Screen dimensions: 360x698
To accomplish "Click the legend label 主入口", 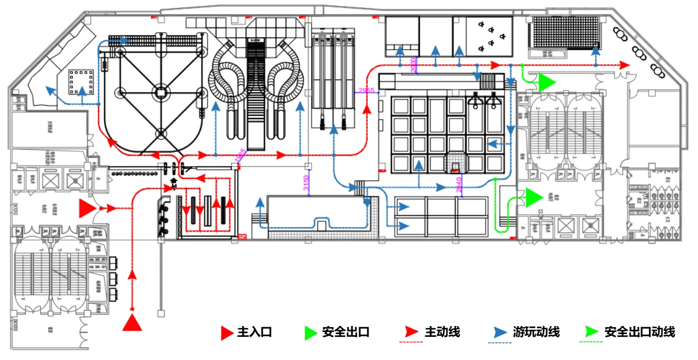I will tap(254, 333).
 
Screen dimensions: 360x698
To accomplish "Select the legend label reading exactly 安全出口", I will tap(345, 333).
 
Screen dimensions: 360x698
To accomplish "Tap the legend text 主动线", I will tap(443, 332).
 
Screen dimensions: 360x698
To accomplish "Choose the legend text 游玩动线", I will tap(536, 332).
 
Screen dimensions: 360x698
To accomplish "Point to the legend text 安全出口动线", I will tap(639, 332).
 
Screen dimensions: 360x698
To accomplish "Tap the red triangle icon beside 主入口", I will tap(227, 333).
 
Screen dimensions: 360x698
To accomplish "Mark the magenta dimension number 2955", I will tap(365, 91).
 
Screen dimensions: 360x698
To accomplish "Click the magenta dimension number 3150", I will tap(306, 183).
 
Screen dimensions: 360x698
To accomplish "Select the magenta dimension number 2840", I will tap(458, 183).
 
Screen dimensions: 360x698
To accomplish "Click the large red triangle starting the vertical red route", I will tap(132, 322).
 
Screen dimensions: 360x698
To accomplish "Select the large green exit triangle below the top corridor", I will tap(546, 82).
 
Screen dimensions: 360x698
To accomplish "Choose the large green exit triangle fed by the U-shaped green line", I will tap(534, 197).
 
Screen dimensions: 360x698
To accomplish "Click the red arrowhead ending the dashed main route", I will tap(624, 65).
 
